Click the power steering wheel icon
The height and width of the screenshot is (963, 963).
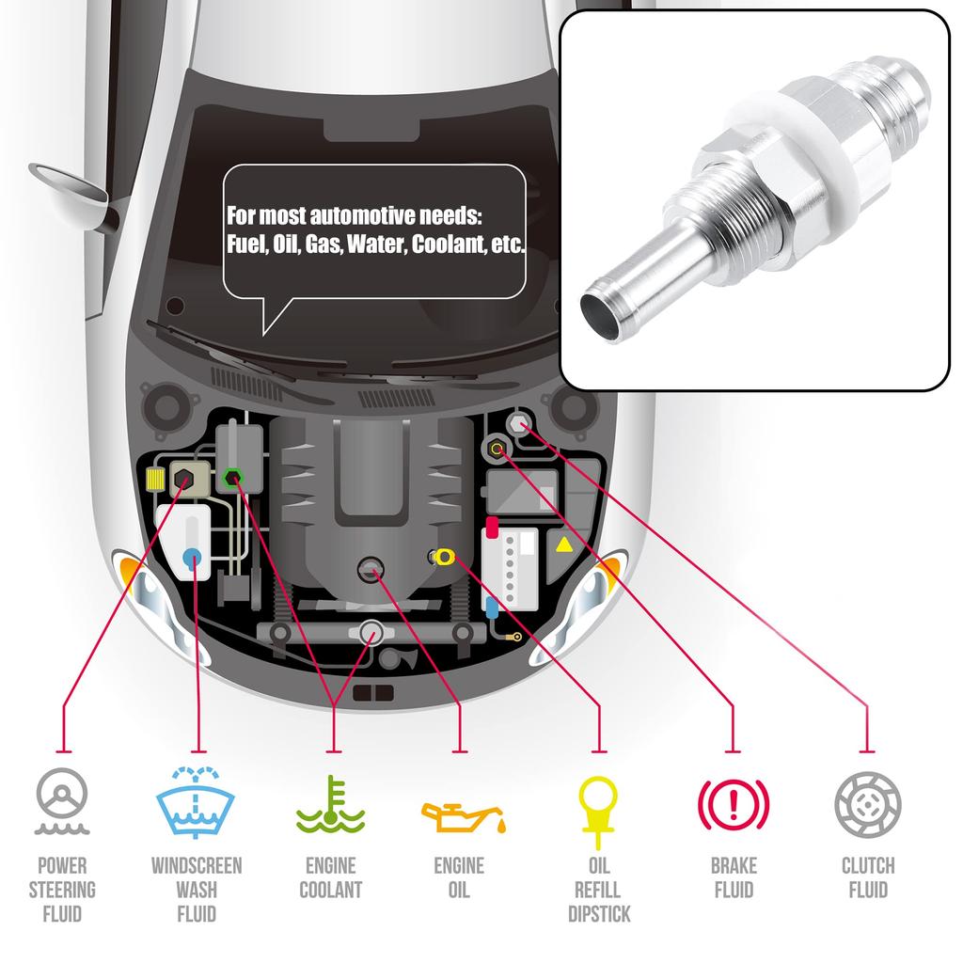coord(62,800)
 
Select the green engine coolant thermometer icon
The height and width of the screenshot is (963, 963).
coord(330,805)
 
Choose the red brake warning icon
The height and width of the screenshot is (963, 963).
coord(734,804)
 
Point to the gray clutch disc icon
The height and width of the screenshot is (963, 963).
coord(868,805)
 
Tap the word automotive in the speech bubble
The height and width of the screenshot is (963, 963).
coord(362,216)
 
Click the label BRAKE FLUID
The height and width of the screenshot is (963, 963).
coord(734,877)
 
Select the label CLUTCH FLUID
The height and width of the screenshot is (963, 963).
coord(868,877)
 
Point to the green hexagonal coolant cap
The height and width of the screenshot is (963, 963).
coord(233,477)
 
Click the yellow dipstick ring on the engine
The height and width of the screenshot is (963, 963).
coord(444,557)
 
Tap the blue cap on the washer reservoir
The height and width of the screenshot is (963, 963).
coord(192,558)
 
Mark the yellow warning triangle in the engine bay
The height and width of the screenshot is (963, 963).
coord(564,545)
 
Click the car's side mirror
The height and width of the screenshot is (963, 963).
coord(70,187)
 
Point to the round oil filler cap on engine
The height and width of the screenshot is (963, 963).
coord(371,569)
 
